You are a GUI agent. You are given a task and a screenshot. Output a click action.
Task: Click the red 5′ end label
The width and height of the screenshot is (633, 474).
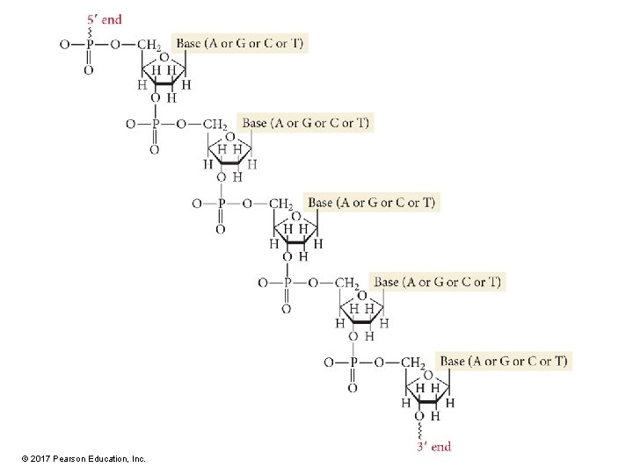[x=105, y=18]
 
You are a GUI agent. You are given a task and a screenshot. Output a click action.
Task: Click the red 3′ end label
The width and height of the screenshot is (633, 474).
[x=433, y=447]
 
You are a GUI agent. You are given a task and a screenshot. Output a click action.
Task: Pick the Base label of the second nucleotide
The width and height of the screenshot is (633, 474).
[x=306, y=123]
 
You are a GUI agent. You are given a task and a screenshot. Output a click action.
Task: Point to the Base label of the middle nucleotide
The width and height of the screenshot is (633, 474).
[x=371, y=203]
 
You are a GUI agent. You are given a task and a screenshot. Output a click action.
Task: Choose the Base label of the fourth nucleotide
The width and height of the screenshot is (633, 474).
[x=437, y=282]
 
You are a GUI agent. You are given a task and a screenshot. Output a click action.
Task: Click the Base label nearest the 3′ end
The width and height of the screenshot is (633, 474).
[x=503, y=361]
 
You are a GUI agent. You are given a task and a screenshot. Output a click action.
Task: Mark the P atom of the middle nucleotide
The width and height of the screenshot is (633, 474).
[x=221, y=204]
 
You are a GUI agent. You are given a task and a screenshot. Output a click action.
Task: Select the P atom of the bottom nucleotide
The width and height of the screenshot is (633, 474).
[x=353, y=363]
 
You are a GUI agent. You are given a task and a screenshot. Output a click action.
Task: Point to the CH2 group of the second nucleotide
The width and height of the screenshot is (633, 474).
[x=215, y=125]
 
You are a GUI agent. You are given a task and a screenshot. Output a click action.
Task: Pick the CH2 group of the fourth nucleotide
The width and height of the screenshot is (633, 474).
[x=347, y=284]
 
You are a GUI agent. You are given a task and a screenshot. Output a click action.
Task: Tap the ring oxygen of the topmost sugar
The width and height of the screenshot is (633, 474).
[x=164, y=57]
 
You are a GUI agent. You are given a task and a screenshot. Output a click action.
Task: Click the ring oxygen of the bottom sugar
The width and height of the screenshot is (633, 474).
[x=428, y=375]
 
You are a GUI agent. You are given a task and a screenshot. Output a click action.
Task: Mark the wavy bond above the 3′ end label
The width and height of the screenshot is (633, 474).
[x=418, y=432]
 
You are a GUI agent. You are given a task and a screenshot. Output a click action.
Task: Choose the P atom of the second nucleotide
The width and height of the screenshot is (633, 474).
[x=156, y=124]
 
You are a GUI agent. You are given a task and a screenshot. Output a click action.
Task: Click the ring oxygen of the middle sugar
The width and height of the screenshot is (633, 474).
[x=296, y=216]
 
